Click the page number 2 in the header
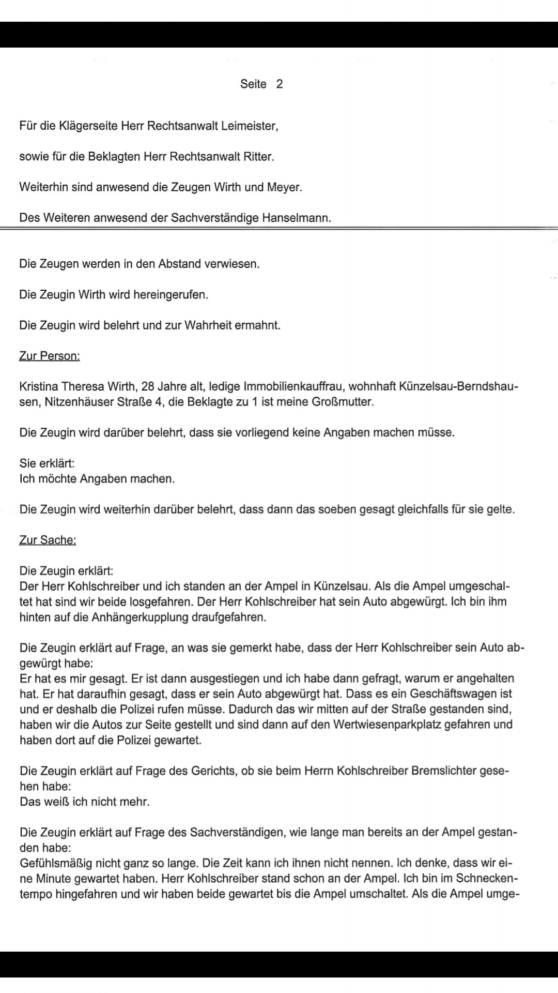click(x=280, y=84)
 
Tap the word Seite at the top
click(x=253, y=84)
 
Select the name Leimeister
click(x=249, y=126)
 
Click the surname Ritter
click(x=257, y=157)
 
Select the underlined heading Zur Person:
click(x=50, y=356)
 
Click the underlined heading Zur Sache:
click(x=48, y=540)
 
